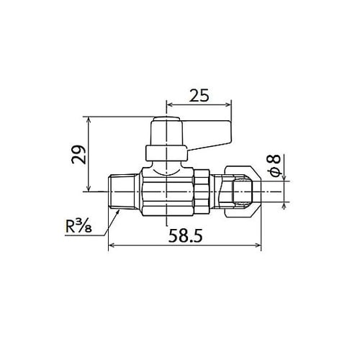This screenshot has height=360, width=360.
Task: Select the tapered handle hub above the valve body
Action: (x=166, y=133)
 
